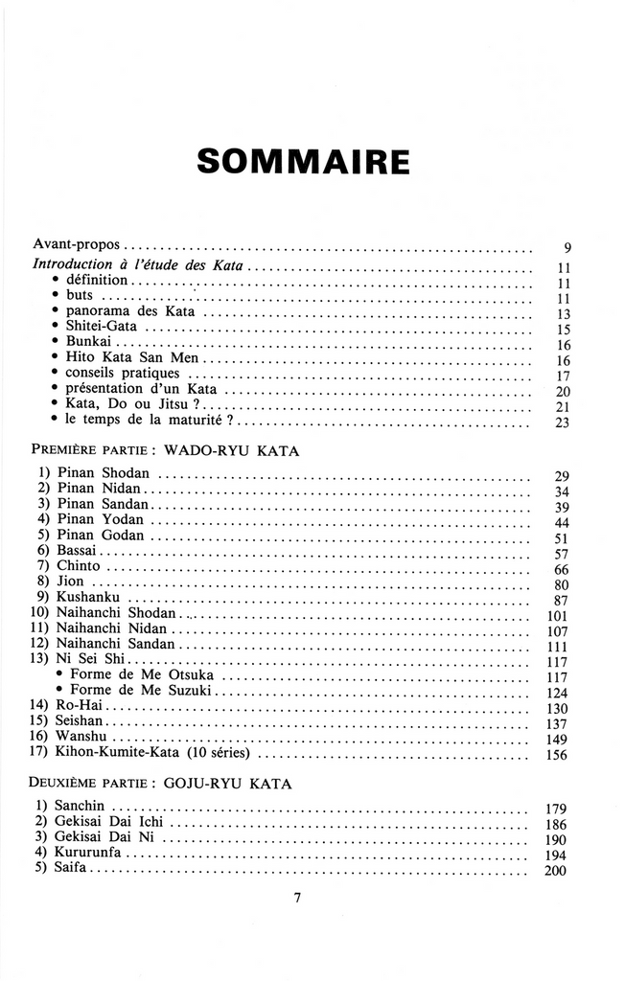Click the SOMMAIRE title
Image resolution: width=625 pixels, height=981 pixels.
click(x=303, y=161)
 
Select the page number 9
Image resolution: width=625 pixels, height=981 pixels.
click(x=567, y=248)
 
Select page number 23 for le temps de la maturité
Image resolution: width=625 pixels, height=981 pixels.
click(x=563, y=423)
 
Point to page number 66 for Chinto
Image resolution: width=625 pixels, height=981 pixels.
click(x=563, y=570)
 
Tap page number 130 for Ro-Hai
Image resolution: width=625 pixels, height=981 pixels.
click(x=558, y=708)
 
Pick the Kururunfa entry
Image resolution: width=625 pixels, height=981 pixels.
click(x=90, y=853)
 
